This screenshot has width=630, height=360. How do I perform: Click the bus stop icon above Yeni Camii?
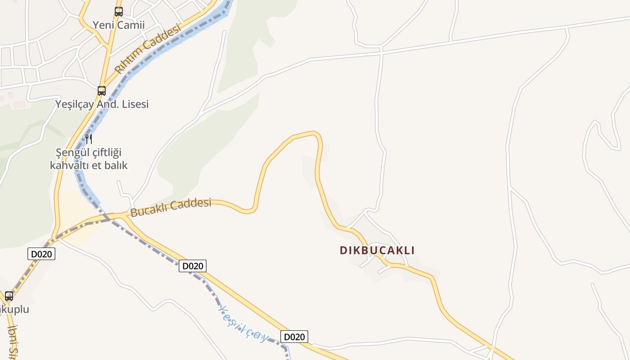point(118,12)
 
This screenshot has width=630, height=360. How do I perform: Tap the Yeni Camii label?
point(118,25)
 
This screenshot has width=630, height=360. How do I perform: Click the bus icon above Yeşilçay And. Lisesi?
point(102,90)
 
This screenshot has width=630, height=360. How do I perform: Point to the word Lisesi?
point(133,104)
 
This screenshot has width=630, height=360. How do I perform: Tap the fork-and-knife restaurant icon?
point(89,139)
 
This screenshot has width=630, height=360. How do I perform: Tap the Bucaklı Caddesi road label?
point(171,207)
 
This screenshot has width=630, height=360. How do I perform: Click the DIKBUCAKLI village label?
point(377,250)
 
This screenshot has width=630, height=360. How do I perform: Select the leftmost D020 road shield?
point(41,254)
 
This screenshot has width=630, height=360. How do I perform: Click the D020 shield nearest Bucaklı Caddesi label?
point(193,266)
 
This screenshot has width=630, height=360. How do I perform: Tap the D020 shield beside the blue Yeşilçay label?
point(294,337)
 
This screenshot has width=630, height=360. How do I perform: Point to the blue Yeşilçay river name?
point(243,322)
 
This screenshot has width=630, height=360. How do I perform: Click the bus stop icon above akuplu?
point(9,296)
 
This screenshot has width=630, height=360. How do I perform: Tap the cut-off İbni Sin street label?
point(13,342)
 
